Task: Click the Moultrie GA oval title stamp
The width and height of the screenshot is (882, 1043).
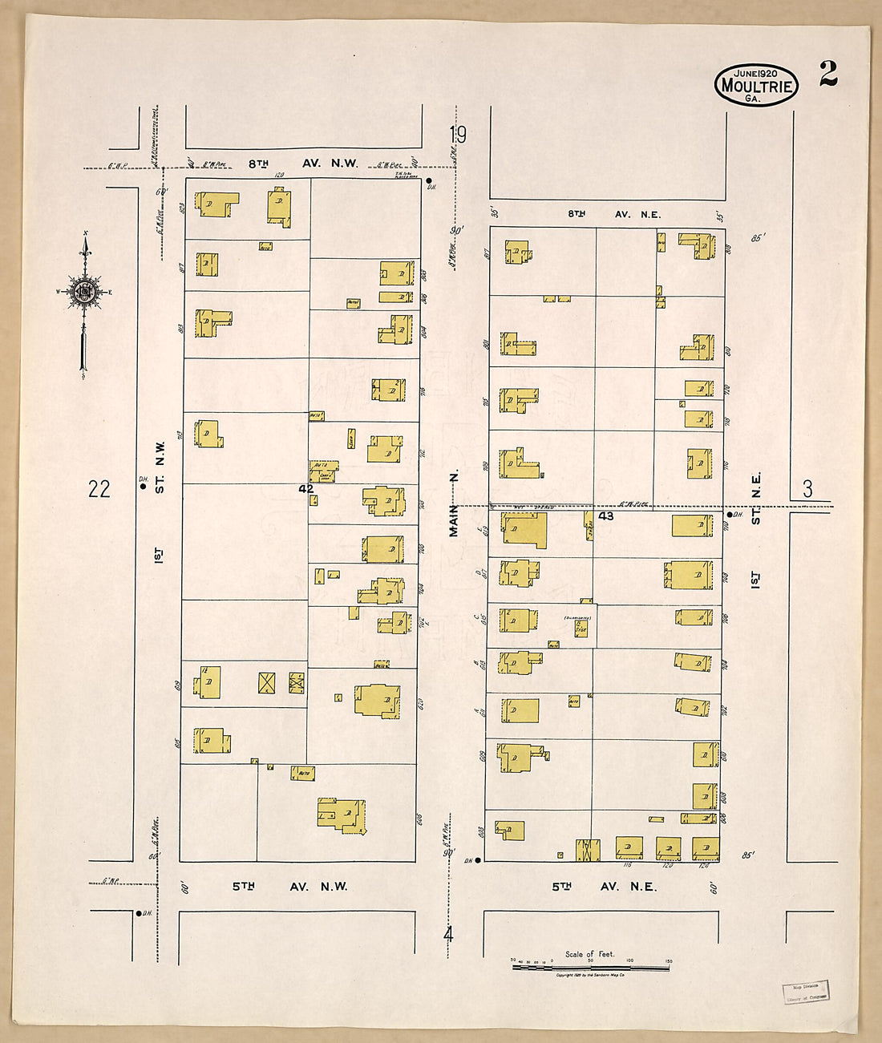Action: (x=755, y=85)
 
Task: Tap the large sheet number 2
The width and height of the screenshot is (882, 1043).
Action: (x=828, y=74)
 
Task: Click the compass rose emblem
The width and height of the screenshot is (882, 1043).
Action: (x=83, y=291)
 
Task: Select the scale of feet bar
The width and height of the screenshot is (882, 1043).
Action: (x=590, y=967)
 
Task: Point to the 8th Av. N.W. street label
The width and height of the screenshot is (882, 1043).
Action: (x=303, y=164)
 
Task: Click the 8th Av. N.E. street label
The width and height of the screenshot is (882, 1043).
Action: (x=613, y=214)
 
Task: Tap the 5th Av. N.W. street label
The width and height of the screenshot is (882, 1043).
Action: (x=290, y=886)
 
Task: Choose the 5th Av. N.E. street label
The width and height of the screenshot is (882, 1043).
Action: (x=604, y=886)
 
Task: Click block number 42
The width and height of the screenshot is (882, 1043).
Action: (x=305, y=487)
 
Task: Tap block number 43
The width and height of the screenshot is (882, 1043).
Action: (x=606, y=516)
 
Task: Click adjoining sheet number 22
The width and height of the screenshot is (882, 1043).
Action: (x=99, y=488)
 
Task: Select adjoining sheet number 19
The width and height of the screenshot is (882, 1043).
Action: (x=457, y=134)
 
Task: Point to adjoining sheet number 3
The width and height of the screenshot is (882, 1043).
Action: (x=807, y=489)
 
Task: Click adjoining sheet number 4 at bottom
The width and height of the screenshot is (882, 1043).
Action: (x=448, y=935)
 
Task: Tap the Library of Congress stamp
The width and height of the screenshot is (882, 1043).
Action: (x=805, y=992)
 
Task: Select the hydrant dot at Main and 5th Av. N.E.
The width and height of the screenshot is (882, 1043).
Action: (x=478, y=860)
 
